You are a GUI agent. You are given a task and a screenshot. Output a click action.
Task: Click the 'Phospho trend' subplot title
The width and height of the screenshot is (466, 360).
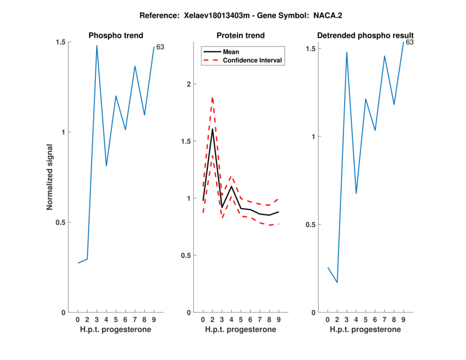point(115,36)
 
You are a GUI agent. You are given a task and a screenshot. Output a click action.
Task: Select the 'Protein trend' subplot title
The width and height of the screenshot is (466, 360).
point(240,36)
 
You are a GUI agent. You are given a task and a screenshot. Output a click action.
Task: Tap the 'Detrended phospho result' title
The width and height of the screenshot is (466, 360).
point(365,36)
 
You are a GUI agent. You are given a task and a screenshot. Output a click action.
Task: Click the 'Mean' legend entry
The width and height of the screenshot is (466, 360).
point(231,52)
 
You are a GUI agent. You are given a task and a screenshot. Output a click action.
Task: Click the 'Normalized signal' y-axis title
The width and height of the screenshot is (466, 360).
point(50,177)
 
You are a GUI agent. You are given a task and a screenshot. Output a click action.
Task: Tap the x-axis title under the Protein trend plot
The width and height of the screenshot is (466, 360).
point(240,330)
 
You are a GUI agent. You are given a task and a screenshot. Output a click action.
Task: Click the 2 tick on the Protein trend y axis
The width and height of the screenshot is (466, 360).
point(188,84)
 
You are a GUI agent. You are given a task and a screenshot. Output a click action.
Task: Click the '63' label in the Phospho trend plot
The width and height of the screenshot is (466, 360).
point(160,47)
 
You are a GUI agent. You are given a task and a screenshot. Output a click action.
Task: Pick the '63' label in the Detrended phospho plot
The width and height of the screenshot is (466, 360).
point(409,42)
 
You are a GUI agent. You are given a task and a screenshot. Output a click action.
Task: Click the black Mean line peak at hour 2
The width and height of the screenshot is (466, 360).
point(212,129)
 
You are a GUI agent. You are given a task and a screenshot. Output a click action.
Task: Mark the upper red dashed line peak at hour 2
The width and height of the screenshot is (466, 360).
point(212,97)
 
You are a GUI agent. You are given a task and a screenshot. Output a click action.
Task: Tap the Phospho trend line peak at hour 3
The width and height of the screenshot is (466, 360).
point(97,45)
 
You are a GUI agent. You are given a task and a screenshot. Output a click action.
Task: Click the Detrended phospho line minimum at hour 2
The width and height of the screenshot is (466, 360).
point(337,283)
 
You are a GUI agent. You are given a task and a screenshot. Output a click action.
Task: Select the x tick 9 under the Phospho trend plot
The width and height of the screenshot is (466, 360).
point(154,320)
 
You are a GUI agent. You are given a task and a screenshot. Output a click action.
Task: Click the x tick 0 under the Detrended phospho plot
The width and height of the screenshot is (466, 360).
point(327,320)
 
